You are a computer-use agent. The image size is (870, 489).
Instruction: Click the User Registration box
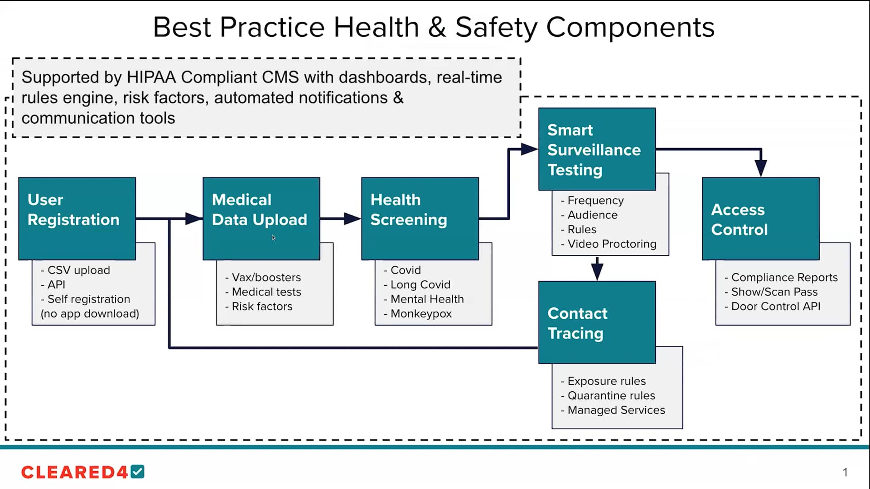pos(77,218)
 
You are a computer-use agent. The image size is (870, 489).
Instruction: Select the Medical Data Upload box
pos(261,218)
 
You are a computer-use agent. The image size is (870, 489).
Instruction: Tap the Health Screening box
pos(420,218)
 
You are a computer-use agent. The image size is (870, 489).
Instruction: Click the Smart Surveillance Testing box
pos(597,149)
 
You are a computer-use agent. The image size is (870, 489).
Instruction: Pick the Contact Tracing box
pos(597,322)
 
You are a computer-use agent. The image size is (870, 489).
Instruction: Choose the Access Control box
pos(760,219)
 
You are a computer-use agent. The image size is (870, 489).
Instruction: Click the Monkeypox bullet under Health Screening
pos(420,313)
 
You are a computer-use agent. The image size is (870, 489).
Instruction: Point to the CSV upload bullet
pos(78,270)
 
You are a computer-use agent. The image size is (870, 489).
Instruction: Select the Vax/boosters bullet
pos(266,277)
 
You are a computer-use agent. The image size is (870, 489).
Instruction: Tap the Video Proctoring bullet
pos(611,244)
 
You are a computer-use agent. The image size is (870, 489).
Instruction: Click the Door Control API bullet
pos(775,306)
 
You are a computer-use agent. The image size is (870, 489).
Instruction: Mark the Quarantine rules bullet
pos(611,395)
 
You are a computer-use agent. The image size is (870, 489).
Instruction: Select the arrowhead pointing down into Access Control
pos(761,168)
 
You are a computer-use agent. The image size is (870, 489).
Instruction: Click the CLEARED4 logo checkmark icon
pos(138,472)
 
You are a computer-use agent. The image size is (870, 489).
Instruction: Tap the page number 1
pos(845,472)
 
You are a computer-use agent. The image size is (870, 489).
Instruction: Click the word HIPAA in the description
pos(151,77)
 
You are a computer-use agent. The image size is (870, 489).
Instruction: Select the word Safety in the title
pos(496,27)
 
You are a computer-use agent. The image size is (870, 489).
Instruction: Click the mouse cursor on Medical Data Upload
pos(274,238)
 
